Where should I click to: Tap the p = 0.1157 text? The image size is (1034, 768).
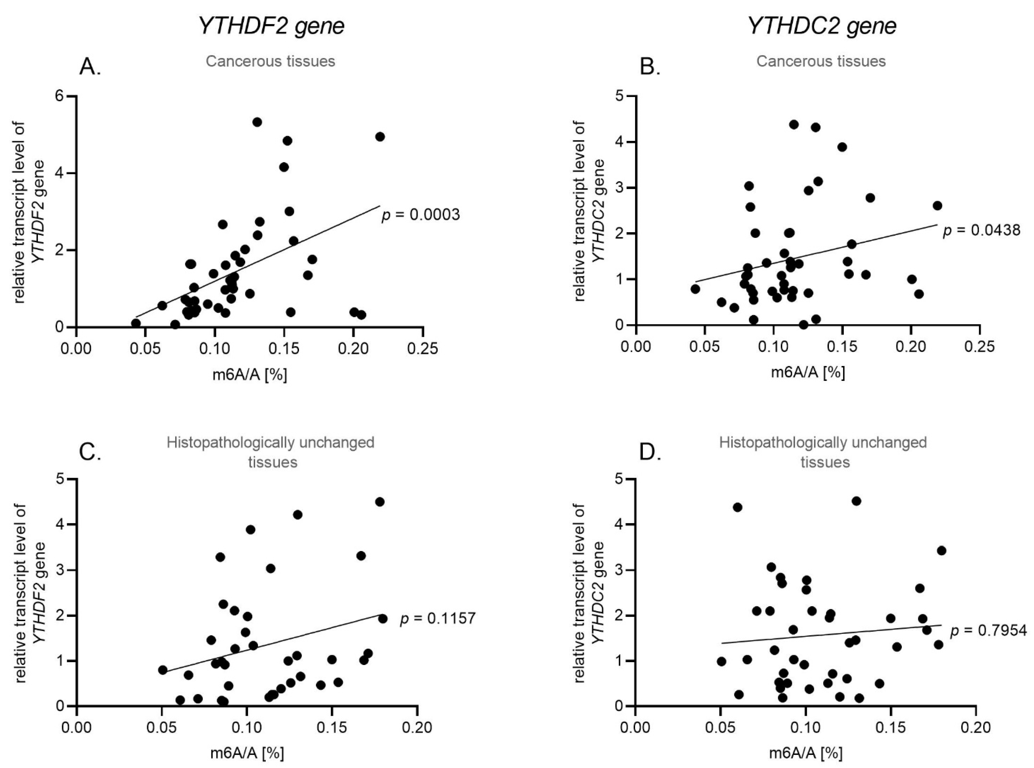click(438, 618)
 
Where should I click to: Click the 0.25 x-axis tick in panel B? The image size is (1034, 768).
click(979, 348)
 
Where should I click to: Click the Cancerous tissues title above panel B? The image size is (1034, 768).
click(821, 61)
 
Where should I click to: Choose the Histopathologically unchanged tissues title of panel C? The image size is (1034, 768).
click(271, 452)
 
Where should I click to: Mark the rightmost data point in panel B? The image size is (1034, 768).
click(937, 205)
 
